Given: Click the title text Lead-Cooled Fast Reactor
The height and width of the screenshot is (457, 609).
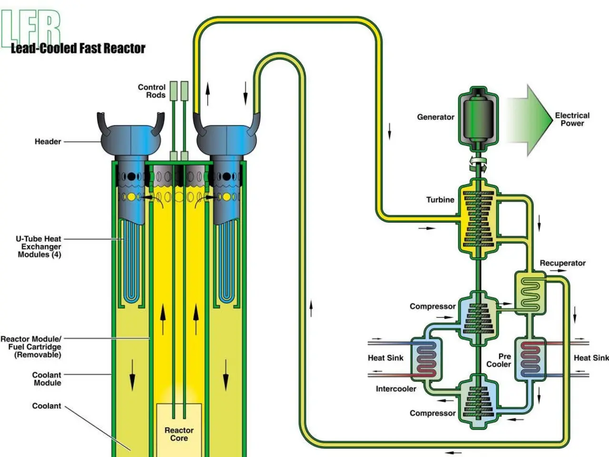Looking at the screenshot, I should point(78,48).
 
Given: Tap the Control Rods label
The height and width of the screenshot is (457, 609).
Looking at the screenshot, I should point(152,91).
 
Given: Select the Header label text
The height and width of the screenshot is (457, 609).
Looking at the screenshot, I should point(48,141).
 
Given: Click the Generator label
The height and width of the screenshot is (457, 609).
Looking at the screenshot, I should point(435,117).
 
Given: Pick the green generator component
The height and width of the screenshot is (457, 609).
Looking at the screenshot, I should point(478,117).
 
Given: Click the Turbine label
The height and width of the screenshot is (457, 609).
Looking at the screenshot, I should point(440,200).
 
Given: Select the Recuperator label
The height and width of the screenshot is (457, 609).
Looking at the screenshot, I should point(562,263).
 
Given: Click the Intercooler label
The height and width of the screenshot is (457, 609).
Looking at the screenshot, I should point(396,389).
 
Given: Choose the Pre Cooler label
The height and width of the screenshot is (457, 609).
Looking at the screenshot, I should point(499,360).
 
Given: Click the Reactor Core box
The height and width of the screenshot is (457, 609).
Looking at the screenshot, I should point(179,430).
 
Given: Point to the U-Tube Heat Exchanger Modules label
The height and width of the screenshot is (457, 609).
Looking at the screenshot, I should point(39,247).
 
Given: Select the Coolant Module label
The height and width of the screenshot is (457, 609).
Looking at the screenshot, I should point(47,379).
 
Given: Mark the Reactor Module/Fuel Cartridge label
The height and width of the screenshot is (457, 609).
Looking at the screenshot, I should point(31,347).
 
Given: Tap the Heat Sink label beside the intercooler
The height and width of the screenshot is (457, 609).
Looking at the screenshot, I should point(385,358).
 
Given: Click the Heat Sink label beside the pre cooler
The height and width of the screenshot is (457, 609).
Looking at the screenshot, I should point(591,358).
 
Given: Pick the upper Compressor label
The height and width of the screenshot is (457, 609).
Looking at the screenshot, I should point(432,307).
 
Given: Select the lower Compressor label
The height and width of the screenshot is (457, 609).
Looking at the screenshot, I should point(432,413).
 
